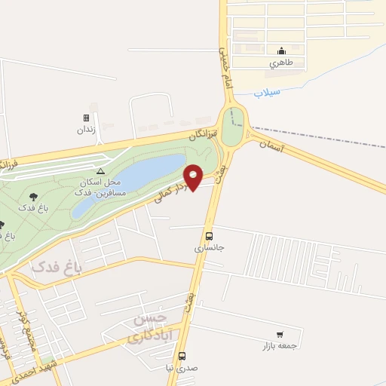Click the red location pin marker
coord(193,177)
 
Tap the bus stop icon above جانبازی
coord(209,234)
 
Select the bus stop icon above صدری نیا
coord(182,356)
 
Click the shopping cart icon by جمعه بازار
coord(280,334)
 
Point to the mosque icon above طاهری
coord(281,51)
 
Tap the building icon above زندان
coord(86,118)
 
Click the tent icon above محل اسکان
coord(101,171)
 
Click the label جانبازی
coord(210,247)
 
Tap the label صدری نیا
coord(181,368)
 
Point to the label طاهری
coord(281,64)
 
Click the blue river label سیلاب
coord(267,93)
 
